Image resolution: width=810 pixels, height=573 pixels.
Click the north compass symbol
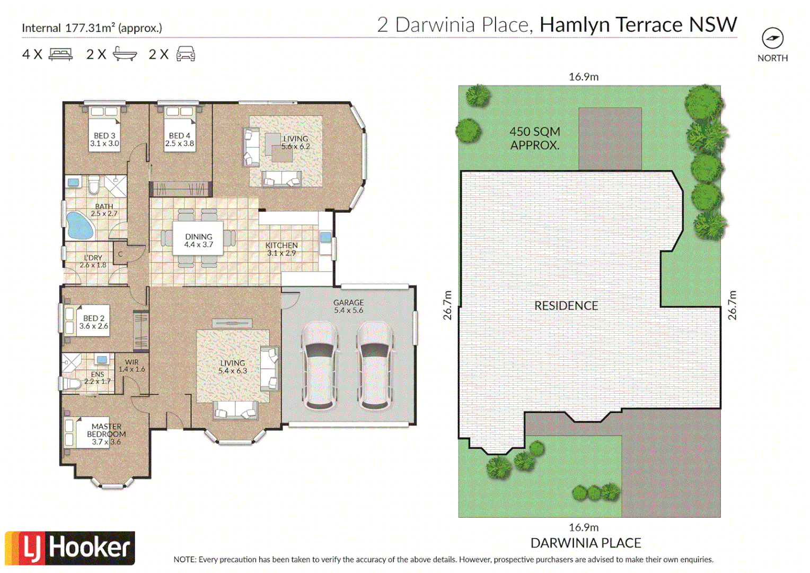[772, 38]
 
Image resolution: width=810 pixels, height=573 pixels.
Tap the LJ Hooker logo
[70, 548]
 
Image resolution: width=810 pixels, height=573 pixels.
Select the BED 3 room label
[104, 140]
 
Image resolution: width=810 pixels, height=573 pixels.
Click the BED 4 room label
[180, 140]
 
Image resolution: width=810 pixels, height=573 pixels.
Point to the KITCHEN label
[281, 249]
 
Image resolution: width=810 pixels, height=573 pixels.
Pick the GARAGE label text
[348, 306]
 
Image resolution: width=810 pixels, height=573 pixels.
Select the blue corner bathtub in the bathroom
[80, 225]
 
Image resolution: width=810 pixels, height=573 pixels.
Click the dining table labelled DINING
[198, 240]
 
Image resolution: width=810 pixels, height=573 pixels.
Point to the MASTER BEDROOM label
[106, 434]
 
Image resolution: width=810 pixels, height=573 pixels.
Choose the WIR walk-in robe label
[131, 366]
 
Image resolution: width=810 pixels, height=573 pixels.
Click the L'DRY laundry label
[93, 261]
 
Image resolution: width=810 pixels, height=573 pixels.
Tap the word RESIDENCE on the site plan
[566, 306]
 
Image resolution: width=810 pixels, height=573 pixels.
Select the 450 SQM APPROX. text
[534, 138]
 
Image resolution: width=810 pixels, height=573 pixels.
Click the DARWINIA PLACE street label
[586, 543]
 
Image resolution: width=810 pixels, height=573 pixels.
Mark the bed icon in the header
[60, 54]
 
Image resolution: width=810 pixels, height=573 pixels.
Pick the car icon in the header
[186, 54]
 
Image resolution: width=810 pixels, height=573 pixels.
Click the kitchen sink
[325, 237]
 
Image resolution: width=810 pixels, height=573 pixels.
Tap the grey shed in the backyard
[610, 138]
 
